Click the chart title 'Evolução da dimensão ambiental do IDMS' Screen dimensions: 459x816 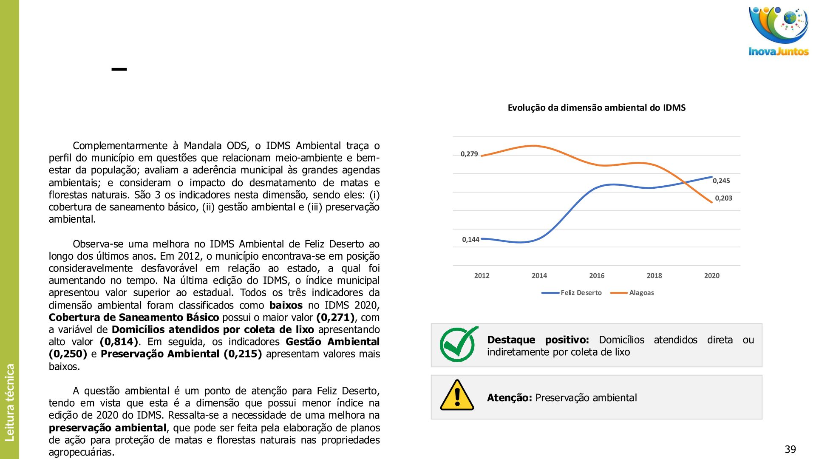click(596, 108)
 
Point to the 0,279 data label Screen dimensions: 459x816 click(469, 154)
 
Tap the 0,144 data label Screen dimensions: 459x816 click(470, 240)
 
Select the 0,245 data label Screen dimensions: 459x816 click(721, 181)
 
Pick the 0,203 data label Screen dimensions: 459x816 click(723, 198)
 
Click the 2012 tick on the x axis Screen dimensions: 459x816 click(482, 276)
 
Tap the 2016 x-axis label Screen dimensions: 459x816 click(597, 276)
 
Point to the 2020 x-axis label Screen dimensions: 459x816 click(711, 276)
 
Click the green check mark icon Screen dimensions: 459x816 click(458, 344)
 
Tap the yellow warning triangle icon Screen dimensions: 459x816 click(457, 396)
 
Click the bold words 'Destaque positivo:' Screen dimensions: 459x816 click(538, 340)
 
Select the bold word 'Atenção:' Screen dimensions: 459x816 click(509, 398)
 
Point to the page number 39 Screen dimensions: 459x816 click(790, 450)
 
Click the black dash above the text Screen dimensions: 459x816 click(119, 69)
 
